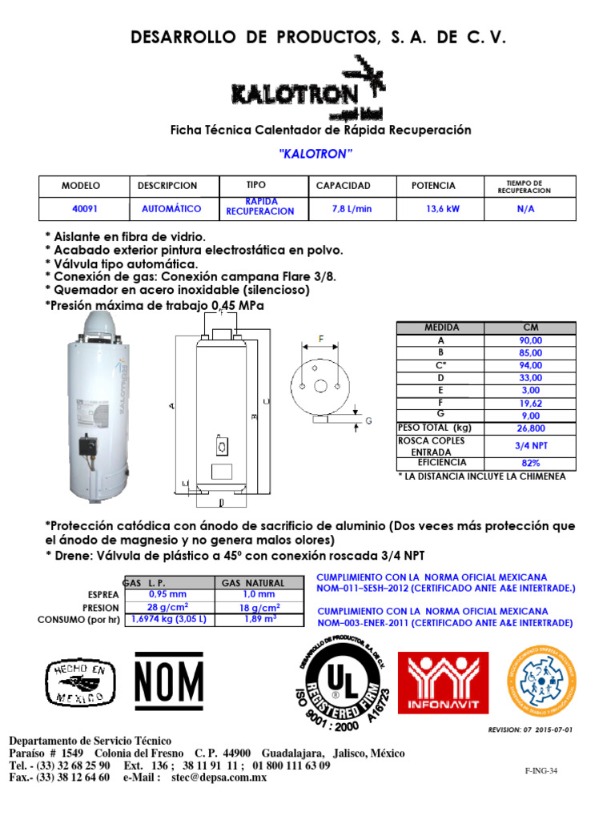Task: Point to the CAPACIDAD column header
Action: pyautogui.click(x=344, y=186)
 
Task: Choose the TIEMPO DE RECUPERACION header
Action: pyautogui.click(x=524, y=186)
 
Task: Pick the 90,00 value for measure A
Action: pyautogui.click(x=529, y=340)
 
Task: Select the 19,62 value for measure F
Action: pyautogui.click(x=529, y=404)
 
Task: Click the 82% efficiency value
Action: pyautogui.click(x=529, y=463)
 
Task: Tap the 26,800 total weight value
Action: pyautogui.click(x=529, y=428)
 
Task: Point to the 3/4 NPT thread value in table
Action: pyautogui.click(x=529, y=445)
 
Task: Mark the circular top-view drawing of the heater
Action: pyautogui.click(x=321, y=384)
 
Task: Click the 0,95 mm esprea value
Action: pyautogui.click(x=167, y=594)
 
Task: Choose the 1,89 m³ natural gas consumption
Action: pyautogui.click(x=259, y=618)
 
